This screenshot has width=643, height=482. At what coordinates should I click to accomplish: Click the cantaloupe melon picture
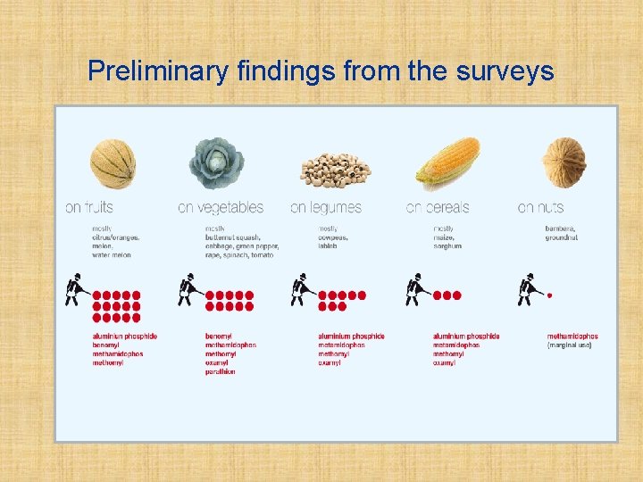pyautogui.click(x=113, y=163)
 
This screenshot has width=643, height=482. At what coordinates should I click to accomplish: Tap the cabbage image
pyautogui.click(x=216, y=163)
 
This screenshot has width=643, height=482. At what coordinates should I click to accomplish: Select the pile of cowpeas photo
pyautogui.click(x=335, y=169)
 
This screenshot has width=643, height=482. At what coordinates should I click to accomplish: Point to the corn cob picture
pyautogui.click(x=448, y=163)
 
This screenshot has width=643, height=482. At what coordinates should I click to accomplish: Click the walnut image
pyautogui.click(x=564, y=162)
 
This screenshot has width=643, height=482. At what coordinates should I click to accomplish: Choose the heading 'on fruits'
pyautogui.click(x=89, y=208)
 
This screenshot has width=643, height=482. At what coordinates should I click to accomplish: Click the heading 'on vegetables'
pyautogui.click(x=221, y=208)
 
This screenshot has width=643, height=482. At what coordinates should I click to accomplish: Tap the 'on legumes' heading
pyautogui.click(x=326, y=208)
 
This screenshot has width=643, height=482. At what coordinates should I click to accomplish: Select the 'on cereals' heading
pyautogui.click(x=438, y=208)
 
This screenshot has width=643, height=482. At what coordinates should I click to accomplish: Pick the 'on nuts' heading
pyautogui.click(x=541, y=208)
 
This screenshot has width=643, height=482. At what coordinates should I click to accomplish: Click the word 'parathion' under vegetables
pyautogui.click(x=221, y=371)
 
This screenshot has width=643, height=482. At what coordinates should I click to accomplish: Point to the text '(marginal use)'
pyautogui.click(x=569, y=345)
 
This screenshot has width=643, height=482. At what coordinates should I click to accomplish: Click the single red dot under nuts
pyautogui.click(x=549, y=295)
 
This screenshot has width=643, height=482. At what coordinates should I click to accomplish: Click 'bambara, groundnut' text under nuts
pyautogui.click(x=562, y=233)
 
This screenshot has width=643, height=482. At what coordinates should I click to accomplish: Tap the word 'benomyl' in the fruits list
pyautogui.click(x=106, y=345)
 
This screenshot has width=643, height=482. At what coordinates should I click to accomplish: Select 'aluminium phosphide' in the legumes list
pyautogui.click(x=351, y=337)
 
